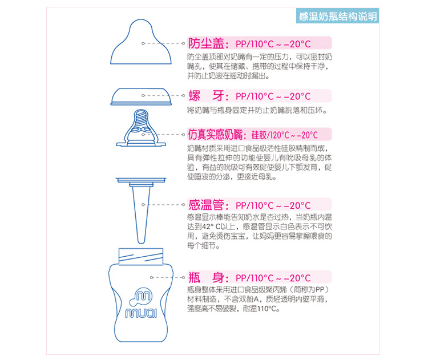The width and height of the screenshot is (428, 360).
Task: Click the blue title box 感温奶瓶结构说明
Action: point(337,16)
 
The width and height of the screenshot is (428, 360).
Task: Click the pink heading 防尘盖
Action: point(207,43)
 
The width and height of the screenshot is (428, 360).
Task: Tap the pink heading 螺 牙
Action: point(207,96)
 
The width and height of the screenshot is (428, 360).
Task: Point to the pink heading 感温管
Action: point(206,205)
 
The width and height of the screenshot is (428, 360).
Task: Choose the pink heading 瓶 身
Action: point(207,278)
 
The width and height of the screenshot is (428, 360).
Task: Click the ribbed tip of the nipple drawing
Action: point(142,118)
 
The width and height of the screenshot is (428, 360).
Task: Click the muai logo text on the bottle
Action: point(141,313)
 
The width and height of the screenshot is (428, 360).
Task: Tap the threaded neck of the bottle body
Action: point(141,257)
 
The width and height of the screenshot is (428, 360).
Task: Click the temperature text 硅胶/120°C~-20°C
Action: point(284,135)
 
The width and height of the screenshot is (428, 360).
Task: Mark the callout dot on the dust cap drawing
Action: point(143,43)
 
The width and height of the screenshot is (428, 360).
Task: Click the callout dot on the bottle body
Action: point(151,278)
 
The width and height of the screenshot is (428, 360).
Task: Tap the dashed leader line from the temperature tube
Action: point(163,204)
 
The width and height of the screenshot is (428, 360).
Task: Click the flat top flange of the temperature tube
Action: point(141,180)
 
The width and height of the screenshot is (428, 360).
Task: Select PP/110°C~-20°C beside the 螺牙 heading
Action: point(273,96)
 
